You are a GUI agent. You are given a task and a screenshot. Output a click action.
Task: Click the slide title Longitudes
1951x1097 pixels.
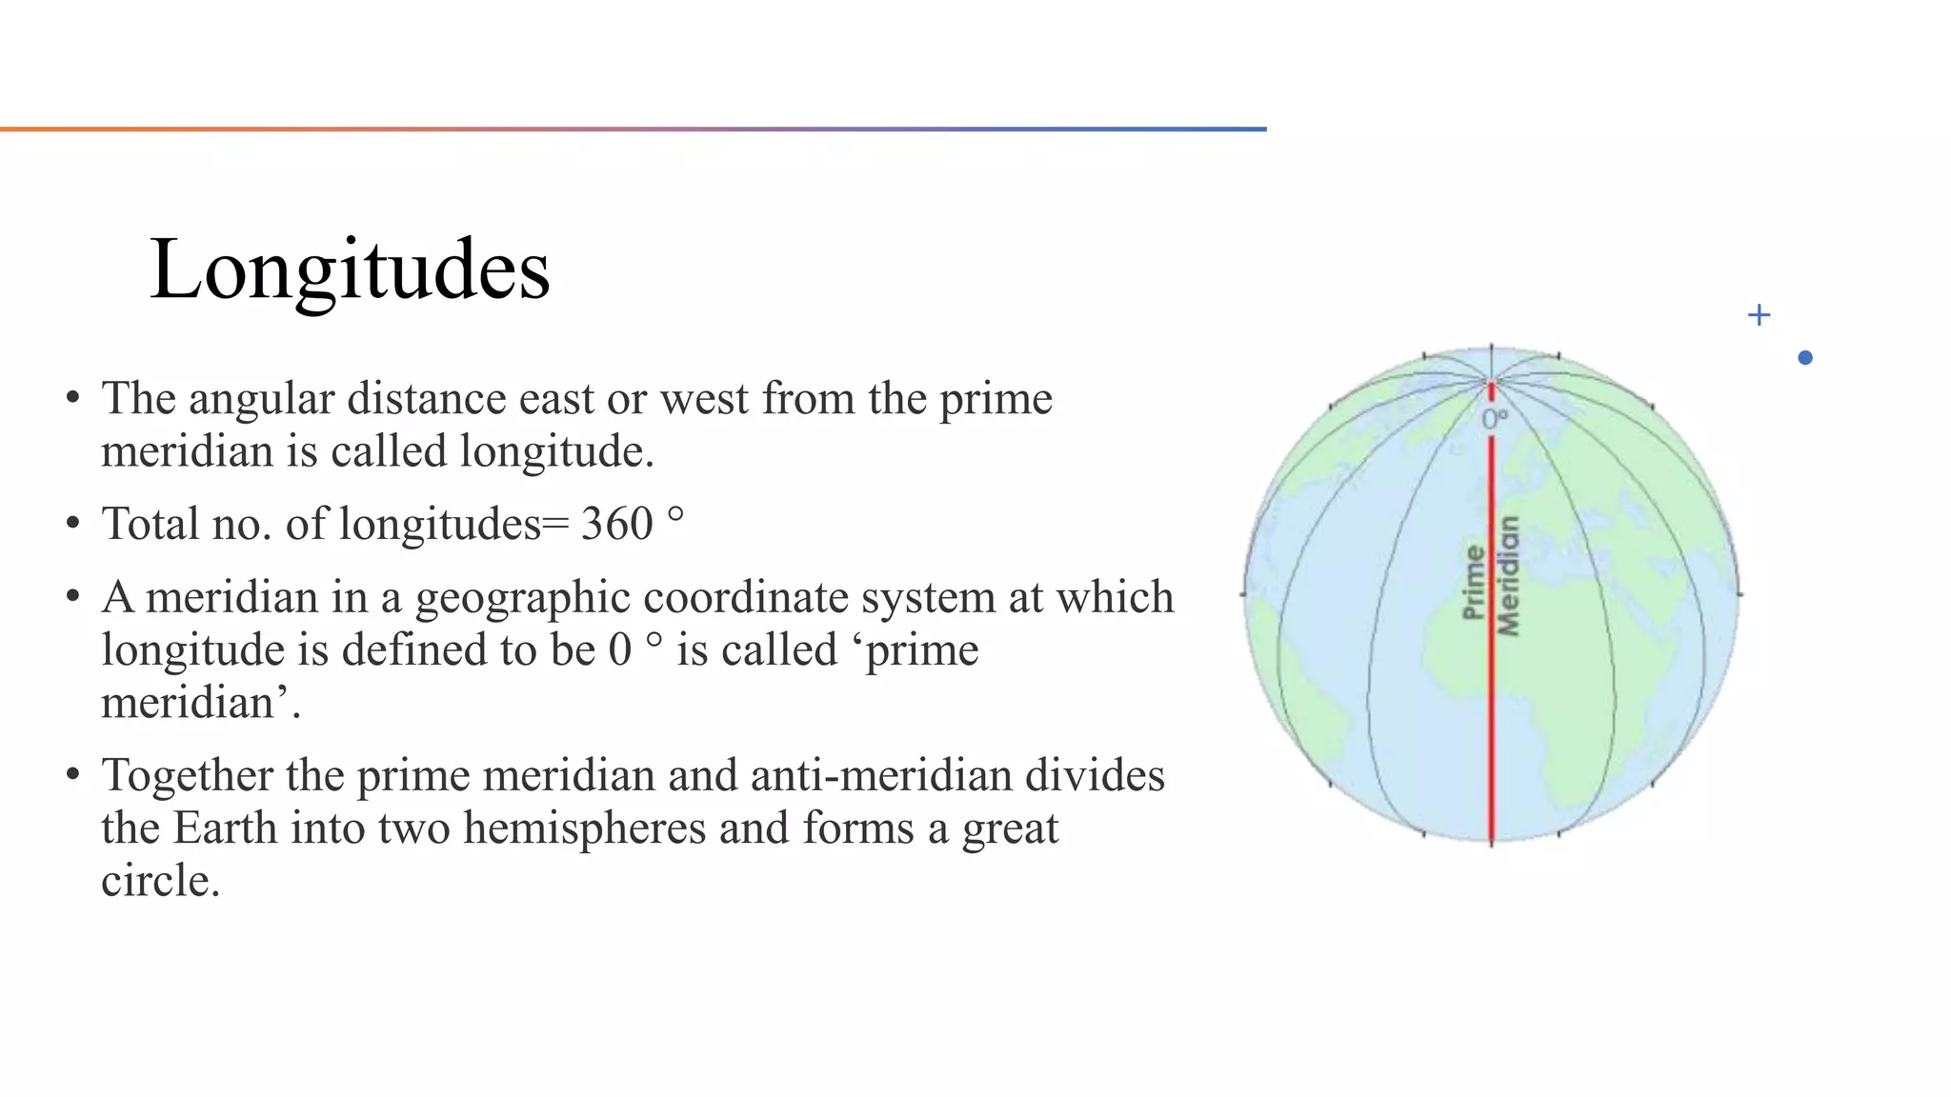(350, 270)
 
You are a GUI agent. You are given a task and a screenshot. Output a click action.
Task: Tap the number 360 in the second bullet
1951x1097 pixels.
(616, 525)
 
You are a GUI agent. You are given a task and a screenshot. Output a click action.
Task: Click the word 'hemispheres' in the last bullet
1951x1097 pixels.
(584, 828)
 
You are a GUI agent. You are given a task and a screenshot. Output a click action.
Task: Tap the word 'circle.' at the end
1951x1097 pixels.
(160, 882)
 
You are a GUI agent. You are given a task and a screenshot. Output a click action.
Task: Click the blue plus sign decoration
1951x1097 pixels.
(1759, 315)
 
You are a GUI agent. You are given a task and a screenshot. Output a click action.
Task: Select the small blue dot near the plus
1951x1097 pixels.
(1804, 358)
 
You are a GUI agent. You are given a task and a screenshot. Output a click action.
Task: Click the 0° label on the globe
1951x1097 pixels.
(1494, 419)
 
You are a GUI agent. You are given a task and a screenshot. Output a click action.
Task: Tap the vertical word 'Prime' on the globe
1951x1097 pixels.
(1473, 582)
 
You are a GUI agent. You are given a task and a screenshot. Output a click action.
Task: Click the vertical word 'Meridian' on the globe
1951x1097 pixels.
(1508, 576)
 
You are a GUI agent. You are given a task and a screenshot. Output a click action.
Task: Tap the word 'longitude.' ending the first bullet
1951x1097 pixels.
(556, 452)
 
